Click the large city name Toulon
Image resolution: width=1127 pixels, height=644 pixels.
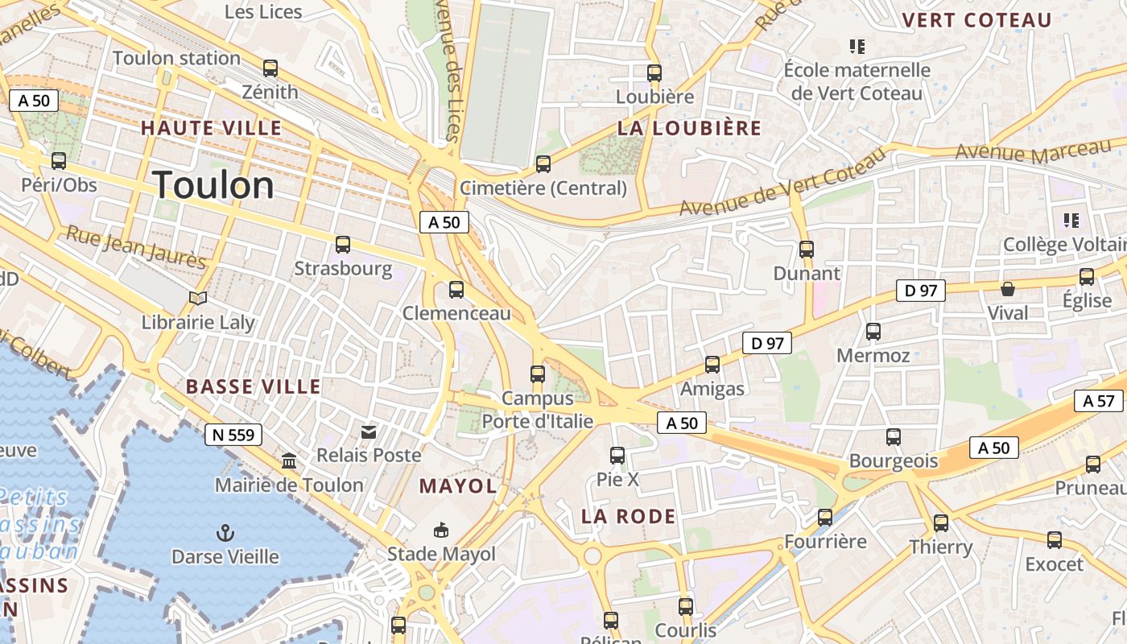[213, 186]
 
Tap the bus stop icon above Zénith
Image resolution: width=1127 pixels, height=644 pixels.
[270, 68]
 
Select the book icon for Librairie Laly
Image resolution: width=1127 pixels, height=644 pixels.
[198, 299]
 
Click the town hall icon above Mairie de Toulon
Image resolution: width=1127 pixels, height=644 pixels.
[288, 461]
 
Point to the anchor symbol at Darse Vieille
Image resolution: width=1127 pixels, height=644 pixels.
[225, 532]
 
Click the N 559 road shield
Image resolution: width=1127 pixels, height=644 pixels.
[233, 436]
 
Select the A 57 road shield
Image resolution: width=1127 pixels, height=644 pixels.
[1098, 401]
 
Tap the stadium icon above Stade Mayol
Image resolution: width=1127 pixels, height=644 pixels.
[441, 530]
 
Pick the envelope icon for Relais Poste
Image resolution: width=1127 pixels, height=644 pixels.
[369, 432]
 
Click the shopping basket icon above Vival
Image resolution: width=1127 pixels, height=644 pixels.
[1008, 289]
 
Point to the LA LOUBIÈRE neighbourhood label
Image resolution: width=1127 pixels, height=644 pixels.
[689, 128]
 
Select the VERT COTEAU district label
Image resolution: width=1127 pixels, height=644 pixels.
[977, 20]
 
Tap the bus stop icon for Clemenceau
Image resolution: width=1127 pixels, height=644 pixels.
[456, 289]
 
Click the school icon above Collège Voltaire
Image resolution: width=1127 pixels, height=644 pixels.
[1071, 220]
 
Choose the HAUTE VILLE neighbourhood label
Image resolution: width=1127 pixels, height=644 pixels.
[211, 128]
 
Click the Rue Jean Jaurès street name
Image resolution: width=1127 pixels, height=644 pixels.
[136, 246]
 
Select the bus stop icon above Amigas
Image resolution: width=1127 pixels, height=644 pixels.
[712, 365]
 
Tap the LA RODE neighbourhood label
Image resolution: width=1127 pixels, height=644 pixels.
[628, 517]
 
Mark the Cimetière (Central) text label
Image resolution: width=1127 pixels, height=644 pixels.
[543, 188]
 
